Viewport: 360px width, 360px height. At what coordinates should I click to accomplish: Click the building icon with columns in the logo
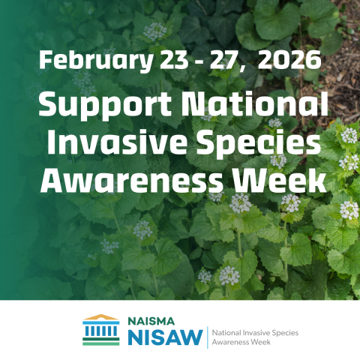(100, 331)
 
